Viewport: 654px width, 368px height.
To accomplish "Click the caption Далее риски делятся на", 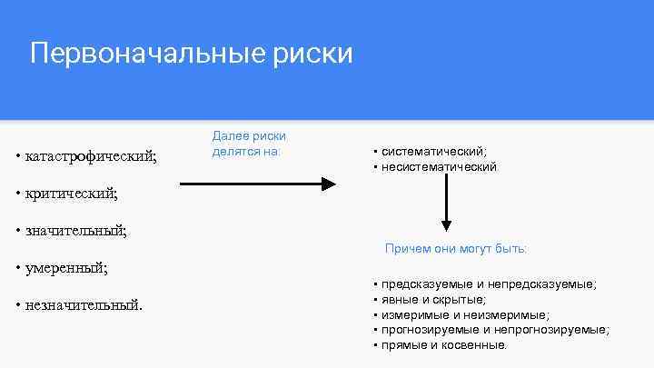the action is click(x=248, y=144).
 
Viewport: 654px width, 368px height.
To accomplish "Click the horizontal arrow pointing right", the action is click(x=258, y=184).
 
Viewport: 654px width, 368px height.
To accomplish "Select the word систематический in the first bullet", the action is click(x=434, y=152).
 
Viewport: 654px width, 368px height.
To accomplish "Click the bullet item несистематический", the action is click(x=439, y=167).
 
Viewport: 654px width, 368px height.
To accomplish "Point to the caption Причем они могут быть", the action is click(x=455, y=248).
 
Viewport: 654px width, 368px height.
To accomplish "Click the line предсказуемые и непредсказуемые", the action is click(x=489, y=284).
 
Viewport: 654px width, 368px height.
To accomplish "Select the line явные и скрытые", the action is click(x=433, y=299).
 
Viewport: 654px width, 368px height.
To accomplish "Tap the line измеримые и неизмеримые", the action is click(x=465, y=314).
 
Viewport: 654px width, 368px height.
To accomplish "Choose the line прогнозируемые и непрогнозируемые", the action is click(x=495, y=330).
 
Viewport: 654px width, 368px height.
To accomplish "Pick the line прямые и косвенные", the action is click(x=444, y=345).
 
